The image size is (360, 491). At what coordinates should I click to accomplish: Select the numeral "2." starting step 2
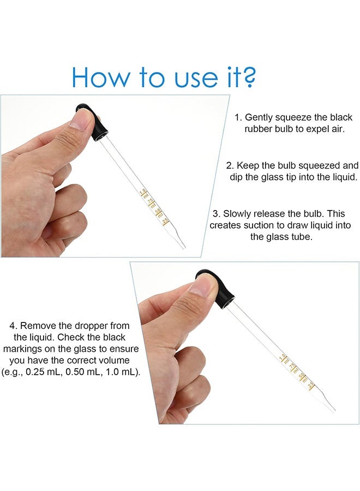(230, 165)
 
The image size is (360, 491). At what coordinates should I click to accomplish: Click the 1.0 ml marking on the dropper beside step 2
(144, 191)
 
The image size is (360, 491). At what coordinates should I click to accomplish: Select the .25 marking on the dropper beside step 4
(311, 385)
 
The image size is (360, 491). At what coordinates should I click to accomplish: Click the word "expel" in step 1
(313, 129)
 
